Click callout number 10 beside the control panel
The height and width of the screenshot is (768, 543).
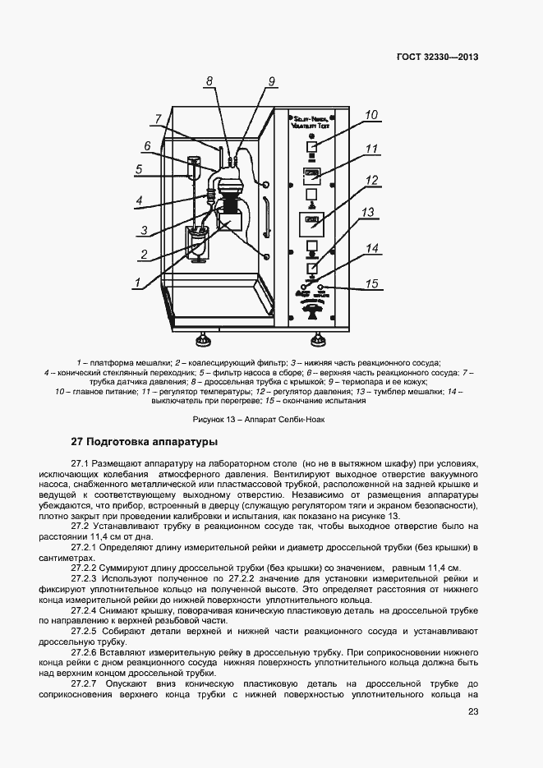coord(371,116)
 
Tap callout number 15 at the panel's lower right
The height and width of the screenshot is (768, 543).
coord(371,284)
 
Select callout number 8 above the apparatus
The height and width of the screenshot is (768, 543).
coord(209,81)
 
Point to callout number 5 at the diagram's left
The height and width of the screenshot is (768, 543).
coord(140,170)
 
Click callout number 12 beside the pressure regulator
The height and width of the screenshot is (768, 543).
coord(371,181)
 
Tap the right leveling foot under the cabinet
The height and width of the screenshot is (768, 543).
coord(316,338)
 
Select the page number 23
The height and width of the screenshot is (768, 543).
coord(472,712)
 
